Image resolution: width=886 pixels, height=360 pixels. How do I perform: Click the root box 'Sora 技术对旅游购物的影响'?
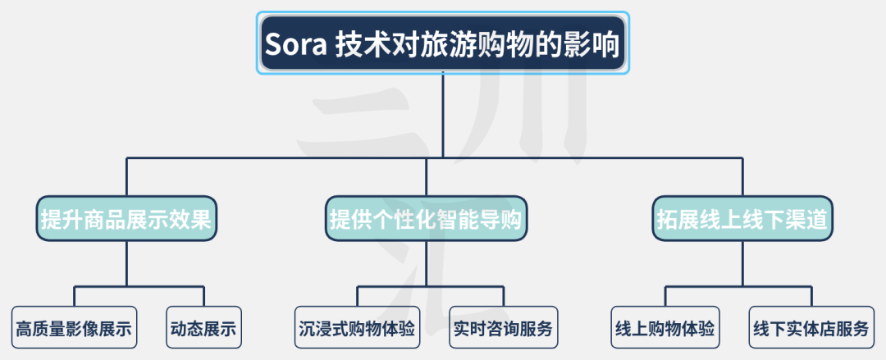point(443,43)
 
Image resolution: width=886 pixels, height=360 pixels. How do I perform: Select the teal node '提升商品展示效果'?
point(126,218)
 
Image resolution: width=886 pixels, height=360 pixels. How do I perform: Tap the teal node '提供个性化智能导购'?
point(427,218)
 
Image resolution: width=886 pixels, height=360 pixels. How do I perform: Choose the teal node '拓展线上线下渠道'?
point(743,218)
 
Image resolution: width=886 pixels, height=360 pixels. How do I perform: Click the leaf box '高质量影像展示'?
point(74,329)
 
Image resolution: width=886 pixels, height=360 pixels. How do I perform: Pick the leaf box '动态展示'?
point(203,329)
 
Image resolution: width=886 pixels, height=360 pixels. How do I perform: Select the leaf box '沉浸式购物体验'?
point(358,329)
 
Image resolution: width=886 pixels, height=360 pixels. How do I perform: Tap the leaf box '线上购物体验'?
point(665,329)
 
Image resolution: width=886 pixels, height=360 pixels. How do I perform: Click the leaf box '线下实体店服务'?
point(811,329)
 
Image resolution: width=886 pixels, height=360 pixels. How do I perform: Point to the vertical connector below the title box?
point(443,115)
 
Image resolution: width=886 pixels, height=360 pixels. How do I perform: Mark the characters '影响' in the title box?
point(592,43)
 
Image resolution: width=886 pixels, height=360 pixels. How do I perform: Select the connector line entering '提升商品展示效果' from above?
point(126,176)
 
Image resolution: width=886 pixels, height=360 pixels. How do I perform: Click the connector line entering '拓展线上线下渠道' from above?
point(743,176)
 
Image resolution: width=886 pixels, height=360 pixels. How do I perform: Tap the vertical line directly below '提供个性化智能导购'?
point(427,262)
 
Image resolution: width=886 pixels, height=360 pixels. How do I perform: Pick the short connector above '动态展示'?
point(203,296)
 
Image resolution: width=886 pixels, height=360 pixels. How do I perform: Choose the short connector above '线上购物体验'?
point(665,296)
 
